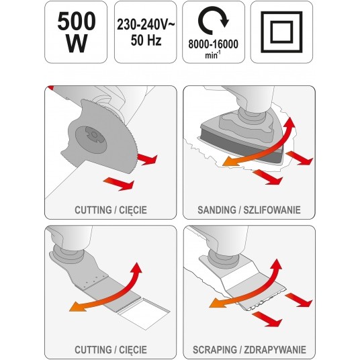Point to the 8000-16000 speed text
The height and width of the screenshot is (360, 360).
pyautogui.click(x=214, y=46)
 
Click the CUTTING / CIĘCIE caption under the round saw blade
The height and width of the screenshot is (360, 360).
pyautogui.click(x=110, y=210)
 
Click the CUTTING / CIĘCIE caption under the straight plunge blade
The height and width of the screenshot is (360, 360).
pyautogui.click(x=110, y=349)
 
